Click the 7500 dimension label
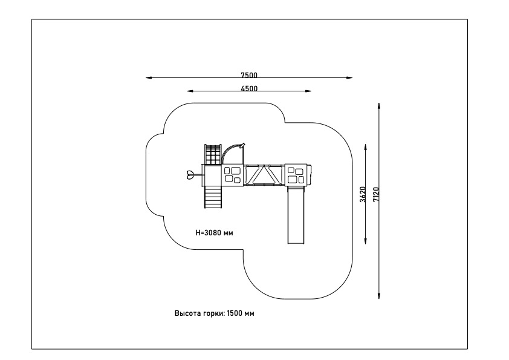click(249, 75)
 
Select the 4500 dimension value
click(249, 88)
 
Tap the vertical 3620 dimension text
click(363, 194)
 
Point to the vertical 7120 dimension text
click(376, 194)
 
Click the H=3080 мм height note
click(214, 232)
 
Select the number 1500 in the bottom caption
click(235, 313)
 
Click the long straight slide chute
click(296, 215)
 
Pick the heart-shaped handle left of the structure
click(190, 175)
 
